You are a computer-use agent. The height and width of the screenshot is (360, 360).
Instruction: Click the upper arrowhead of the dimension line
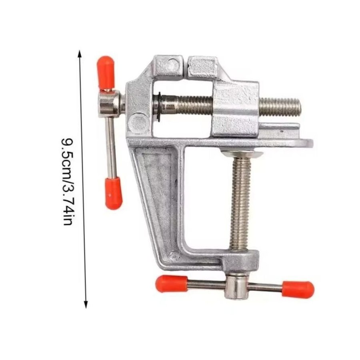pos(80,53)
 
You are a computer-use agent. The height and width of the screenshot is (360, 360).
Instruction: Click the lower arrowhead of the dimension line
pos(86,304)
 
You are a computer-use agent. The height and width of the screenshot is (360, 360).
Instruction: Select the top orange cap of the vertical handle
pos(106,72)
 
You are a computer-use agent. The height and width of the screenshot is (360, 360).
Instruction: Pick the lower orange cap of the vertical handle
pos(114,193)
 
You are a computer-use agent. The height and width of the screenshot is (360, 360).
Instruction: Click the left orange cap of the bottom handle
pos(172,284)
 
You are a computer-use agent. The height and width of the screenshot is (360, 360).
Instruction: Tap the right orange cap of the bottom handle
pos(298,289)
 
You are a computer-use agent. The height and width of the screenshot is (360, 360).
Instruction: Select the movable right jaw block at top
pos(202,68)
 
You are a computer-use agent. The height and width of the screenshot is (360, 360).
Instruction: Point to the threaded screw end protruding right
pos(280,107)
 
